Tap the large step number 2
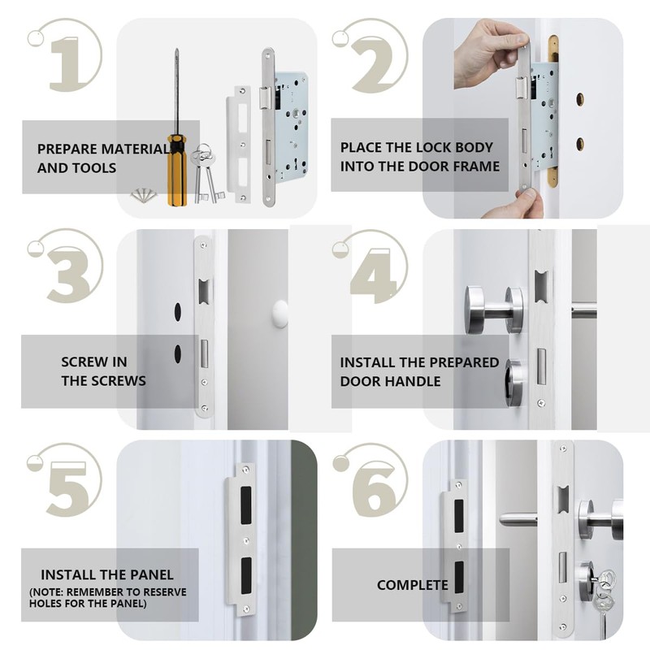(372, 63)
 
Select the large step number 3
(67, 275)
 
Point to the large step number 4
(373, 275)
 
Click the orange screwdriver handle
(177, 170)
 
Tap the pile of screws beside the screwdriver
(145, 195)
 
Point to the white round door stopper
(279, 314)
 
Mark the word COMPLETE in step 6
(413, 585)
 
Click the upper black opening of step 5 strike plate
(246, 505)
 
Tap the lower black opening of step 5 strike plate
(246, 575)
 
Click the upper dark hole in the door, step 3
(178, 312)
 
